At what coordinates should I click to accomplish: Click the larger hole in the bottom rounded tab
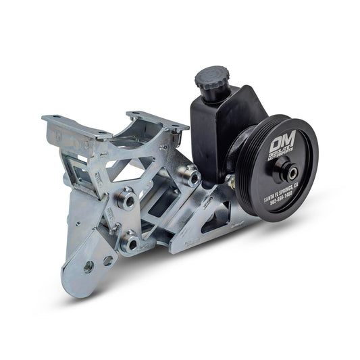coord(88,267)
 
